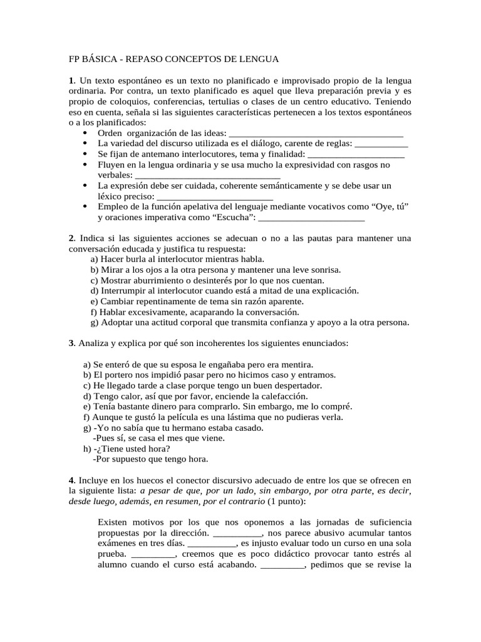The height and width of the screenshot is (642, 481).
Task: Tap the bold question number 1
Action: tap(71, 82)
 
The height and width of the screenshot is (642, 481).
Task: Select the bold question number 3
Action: tap(71, 343)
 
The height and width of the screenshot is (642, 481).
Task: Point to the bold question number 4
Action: tap(71, 480)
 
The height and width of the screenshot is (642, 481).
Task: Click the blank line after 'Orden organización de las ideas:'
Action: tap(316, 133)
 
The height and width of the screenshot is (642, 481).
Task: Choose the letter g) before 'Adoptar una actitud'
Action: tap(95, 323)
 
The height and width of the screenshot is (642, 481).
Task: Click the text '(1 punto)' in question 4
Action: tap(287, 502)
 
